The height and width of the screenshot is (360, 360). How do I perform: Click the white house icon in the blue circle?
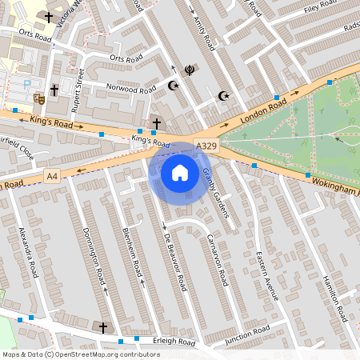click(180, 172)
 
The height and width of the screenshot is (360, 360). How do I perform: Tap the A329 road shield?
click(206, 146)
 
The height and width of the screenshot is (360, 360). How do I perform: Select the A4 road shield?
click(52, 175)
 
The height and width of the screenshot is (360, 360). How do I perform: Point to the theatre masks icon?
click(38, 98)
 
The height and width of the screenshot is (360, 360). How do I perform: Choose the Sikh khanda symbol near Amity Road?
click(190, 70)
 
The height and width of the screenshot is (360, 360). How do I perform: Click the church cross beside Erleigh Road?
click(102, 327)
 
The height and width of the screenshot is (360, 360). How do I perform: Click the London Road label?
click(262, 110)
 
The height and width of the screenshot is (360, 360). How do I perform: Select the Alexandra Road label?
click(29, 252)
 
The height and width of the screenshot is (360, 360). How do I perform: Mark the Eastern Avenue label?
click(266, 275)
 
